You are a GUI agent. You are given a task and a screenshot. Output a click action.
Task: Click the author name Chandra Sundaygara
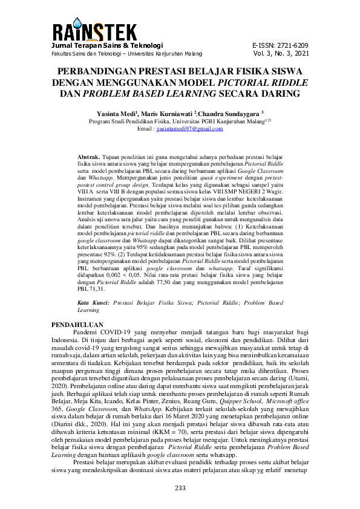coord(232,113)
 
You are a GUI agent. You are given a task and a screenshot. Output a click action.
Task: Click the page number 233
coord(180,488)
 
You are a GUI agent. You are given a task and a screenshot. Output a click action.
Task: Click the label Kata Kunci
coord(94,302)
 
